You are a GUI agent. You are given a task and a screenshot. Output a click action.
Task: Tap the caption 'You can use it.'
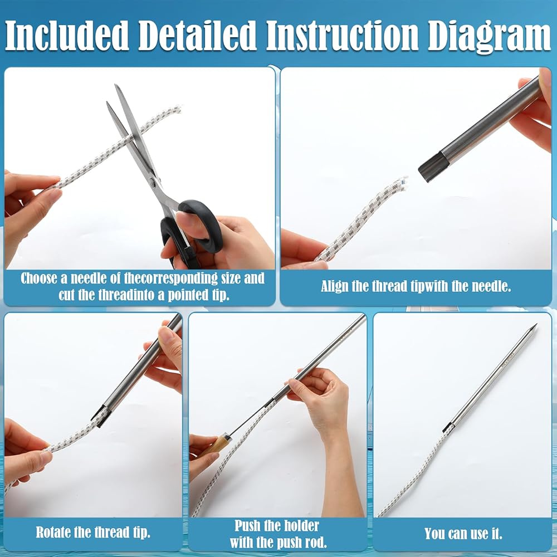point(463,534)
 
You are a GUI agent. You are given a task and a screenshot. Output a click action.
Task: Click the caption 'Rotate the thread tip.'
point(93,532)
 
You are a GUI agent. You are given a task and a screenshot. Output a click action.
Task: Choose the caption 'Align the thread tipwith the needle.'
point(416,286)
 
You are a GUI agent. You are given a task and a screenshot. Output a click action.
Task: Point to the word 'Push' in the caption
point(249,526)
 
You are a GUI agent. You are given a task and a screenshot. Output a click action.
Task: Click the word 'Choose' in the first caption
point(39,278)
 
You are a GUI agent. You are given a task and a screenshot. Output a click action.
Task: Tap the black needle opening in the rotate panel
point(100,415)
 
